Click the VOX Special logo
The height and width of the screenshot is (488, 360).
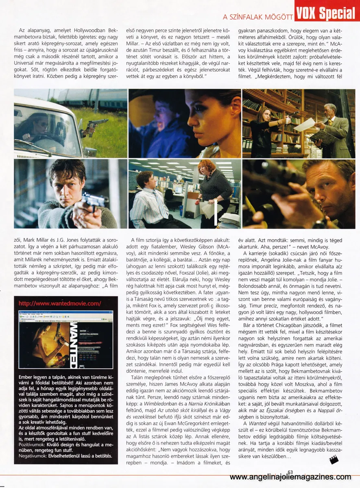pos(325,13)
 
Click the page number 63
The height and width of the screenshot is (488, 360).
pos(290,472)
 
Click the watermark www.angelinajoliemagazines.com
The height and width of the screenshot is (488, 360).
pos(290,478)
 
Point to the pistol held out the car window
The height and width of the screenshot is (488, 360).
pos(94,124)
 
